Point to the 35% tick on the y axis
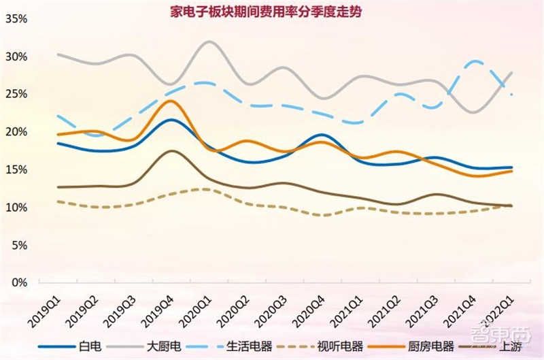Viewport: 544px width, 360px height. (16, 19)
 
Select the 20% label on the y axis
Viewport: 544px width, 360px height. (16, 132)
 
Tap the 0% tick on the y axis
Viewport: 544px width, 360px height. (18, 282)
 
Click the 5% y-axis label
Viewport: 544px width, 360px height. (18, 244)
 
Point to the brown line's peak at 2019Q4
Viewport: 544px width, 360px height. (172, 151)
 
